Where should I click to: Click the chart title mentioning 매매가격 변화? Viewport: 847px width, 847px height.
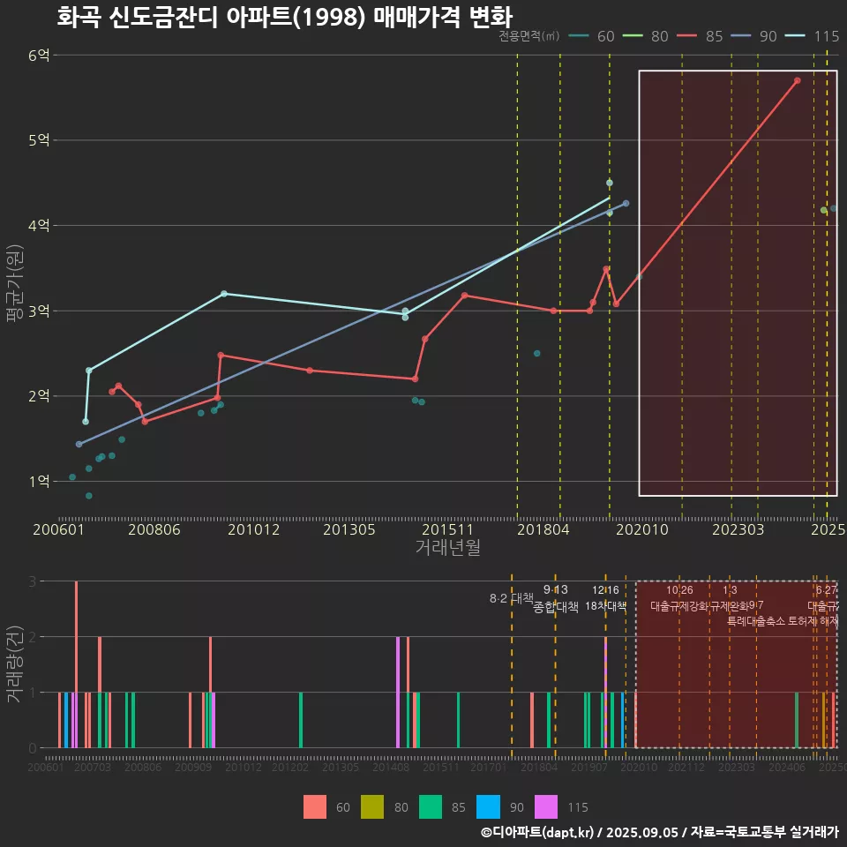coord(284,17)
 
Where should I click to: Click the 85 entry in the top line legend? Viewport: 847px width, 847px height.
coord(715,36)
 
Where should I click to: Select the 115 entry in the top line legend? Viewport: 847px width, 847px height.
coord(826,36)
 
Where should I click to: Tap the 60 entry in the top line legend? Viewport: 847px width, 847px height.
coord(605,36)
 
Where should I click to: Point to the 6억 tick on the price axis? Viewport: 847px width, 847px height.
coord(39,55)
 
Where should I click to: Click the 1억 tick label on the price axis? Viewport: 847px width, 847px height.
coord(39,482)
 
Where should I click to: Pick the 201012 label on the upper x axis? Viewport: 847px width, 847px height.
coord(253,529)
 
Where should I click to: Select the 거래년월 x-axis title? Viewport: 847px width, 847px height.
coord(447,548)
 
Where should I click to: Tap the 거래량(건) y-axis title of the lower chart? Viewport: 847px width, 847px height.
coord(13,663)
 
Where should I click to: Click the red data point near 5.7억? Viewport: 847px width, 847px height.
coord(797,80)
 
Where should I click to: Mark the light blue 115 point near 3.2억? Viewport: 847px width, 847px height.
coord(224,293)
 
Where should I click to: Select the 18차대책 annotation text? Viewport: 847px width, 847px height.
coord(605,606)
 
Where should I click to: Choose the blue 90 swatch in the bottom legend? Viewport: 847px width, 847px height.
coord(490,806)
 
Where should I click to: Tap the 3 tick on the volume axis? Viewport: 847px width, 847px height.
coord(33,581)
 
